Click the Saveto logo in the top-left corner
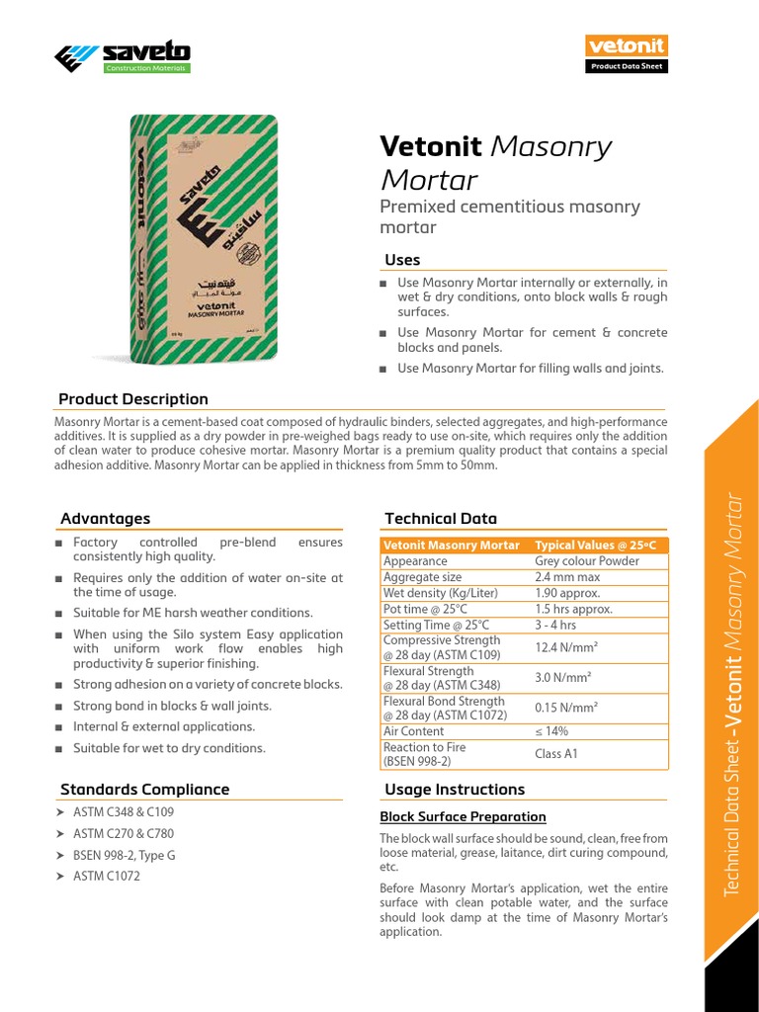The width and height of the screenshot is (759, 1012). click(123, 56)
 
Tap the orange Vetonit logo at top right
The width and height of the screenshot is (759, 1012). click(627, 46)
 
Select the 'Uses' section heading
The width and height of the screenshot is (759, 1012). click(402, 260)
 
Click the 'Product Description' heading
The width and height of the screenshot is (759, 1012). click(133, 399)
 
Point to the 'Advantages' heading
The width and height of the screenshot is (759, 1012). click(106, 519)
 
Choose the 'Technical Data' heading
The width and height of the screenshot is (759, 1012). click(441, 519)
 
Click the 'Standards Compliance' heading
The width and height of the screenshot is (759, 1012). click(144, 790)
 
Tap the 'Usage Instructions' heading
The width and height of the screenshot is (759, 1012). click(455, 790)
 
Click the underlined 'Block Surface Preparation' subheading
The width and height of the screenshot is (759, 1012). click(463, 817)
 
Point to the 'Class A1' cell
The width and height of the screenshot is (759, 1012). click(556, 754)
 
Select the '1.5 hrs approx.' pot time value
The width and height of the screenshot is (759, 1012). click(573, 609)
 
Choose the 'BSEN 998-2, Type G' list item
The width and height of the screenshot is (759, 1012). click(125, 855)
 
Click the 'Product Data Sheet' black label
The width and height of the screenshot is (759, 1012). click(627, 67)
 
